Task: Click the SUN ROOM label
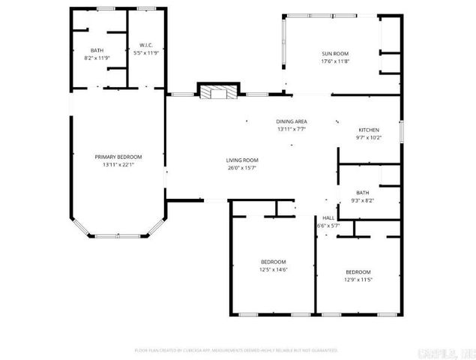pyautogui.click(x=335, y=53)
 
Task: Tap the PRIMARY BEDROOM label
pyautogui.click(x=118, y=156)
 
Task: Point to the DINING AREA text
pyautogui.click(x=292, y=121)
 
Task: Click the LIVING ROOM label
pyautogui.click(x=242, y=160)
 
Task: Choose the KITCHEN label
pyautogui.click(x=368, y=130)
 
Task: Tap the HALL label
pyautogui.click(x=329, y=217)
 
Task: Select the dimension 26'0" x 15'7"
pyautogui.click(x=242, y=167)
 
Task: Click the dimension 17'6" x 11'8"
pyautogui.click(x=335, y=61)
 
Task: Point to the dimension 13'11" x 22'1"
pyautogui.click(x=118, y=164)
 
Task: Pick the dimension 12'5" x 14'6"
pyautogui.click(x=273, y=269)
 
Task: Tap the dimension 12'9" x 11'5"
pyautogui.click(x=358, y=279)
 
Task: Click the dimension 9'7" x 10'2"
pyautogui.click(x=368, y=137)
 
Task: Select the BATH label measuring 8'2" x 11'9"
pyautogui.click(x=97, y=49)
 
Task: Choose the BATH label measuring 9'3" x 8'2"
pyautogui.click(x=363, y=192)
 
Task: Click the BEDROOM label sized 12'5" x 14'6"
pyautogui.click(x=273, y=261)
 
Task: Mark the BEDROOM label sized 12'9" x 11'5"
pyautogui.click(x=358, y=271)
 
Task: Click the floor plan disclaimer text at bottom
pyautogui.click(x=236, y=349)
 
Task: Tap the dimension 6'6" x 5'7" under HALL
pyautogui.click(x=329, y=225)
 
